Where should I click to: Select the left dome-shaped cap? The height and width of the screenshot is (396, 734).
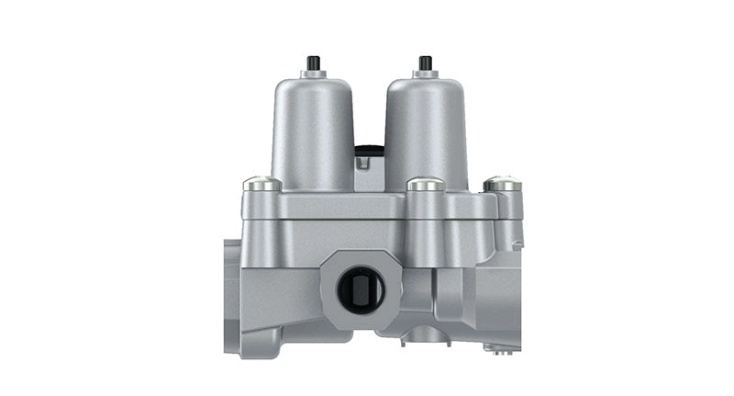313,129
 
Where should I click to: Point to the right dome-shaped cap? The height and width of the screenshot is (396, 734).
426,129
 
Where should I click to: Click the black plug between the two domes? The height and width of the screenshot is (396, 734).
369,150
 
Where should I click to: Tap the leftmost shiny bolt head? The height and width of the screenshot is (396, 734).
262,184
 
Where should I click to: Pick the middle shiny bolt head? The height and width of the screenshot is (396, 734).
425,184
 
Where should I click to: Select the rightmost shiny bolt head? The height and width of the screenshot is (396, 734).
502,184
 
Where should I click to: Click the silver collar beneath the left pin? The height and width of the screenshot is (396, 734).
314,74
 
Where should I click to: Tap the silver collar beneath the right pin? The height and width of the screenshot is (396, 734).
425,74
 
